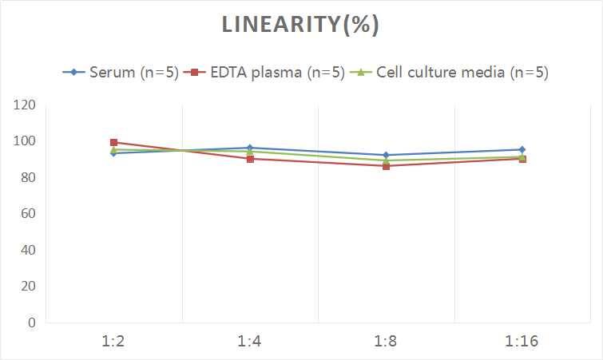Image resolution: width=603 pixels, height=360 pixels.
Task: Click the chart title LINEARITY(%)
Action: [x=300, y=25]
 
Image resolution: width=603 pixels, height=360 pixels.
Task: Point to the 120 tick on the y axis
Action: [x=25, y=105]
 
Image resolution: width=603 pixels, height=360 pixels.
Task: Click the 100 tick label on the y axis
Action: [x=25, y=141]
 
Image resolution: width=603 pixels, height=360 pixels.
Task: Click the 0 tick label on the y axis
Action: [x=31, y=322]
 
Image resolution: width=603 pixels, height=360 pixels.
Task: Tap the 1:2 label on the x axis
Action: [x=113, y=342]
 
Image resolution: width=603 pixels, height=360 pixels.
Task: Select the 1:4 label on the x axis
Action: [x=250, y=342]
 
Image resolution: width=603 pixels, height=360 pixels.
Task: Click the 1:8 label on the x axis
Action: [x=386, y=342]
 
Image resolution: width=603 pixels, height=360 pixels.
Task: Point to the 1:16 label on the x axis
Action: [x=522, y=342]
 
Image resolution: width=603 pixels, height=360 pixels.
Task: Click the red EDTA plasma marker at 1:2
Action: [x=113, y=143]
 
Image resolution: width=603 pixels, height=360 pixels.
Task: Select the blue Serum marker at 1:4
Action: [x=250, y=148]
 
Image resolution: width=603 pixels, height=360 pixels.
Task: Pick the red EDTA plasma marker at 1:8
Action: [x=386, y=166]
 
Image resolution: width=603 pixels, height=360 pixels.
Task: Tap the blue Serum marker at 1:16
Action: [x=522, y=149]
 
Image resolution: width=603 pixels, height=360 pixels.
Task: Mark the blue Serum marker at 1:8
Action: [x=386, y=155]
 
